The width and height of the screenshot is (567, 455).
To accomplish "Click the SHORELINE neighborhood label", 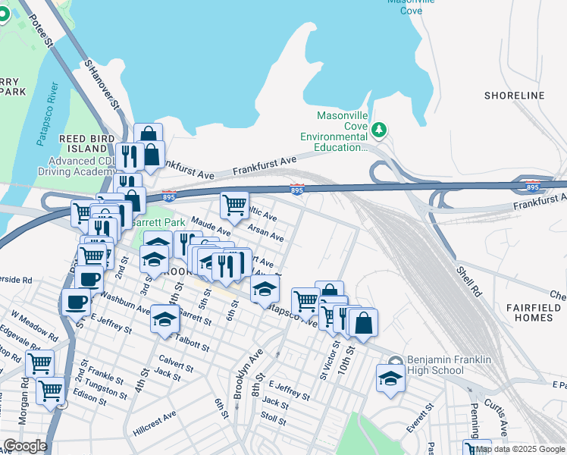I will tap(514, 96).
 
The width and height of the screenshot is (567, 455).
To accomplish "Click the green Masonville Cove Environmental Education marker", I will tap(379, 131).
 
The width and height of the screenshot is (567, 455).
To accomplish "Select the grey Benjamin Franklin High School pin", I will tap(394, 362).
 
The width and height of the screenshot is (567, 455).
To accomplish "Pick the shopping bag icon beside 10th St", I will tap(364, 322).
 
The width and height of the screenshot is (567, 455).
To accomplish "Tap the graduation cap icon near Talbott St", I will tap(164, 319).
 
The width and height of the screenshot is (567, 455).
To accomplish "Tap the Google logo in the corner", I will tap(25, 447).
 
